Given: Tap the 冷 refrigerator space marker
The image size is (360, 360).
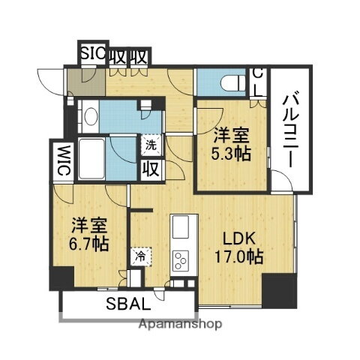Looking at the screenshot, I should click(140, 256).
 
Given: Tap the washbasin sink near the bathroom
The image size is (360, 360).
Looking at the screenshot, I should click(91, 117).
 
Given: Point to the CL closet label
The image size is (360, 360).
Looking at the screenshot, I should click(257, 82).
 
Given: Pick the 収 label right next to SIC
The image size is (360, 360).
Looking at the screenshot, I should click(117, 56).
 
